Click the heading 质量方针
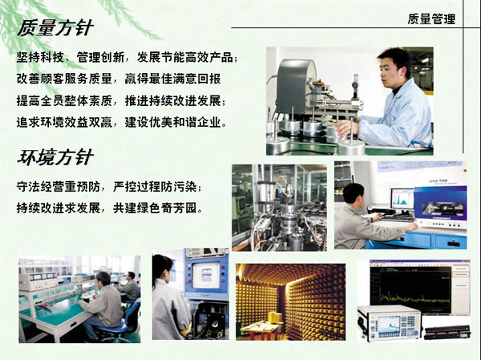pos(55,28)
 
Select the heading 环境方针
pos(55,157)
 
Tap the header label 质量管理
pos(431,19)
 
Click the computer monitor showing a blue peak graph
pos(402,199)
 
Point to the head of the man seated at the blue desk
pos(354,193)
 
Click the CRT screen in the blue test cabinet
pos(206,275)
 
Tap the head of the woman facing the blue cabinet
pos(162,267)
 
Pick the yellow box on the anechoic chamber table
pos(275,317)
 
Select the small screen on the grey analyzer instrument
pos(389,324)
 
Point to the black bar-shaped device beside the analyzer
pos(447,332)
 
